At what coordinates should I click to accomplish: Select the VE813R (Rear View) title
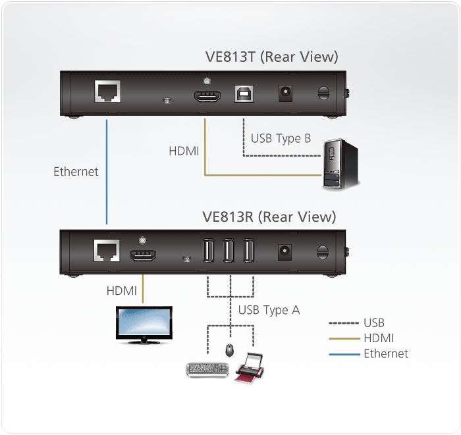coord(269,217)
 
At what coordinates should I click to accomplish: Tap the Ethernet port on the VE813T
coord(107,91)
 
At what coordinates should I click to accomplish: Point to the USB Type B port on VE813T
coord(243,93)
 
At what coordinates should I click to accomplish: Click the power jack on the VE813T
coord(286,93)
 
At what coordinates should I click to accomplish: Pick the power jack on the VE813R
coord(286,251)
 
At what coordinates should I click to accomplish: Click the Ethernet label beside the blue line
coord(76,172)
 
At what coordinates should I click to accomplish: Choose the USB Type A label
coord(269,310)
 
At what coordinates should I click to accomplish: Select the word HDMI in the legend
coord(379,338)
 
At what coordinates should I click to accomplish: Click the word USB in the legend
coord(374,323)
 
